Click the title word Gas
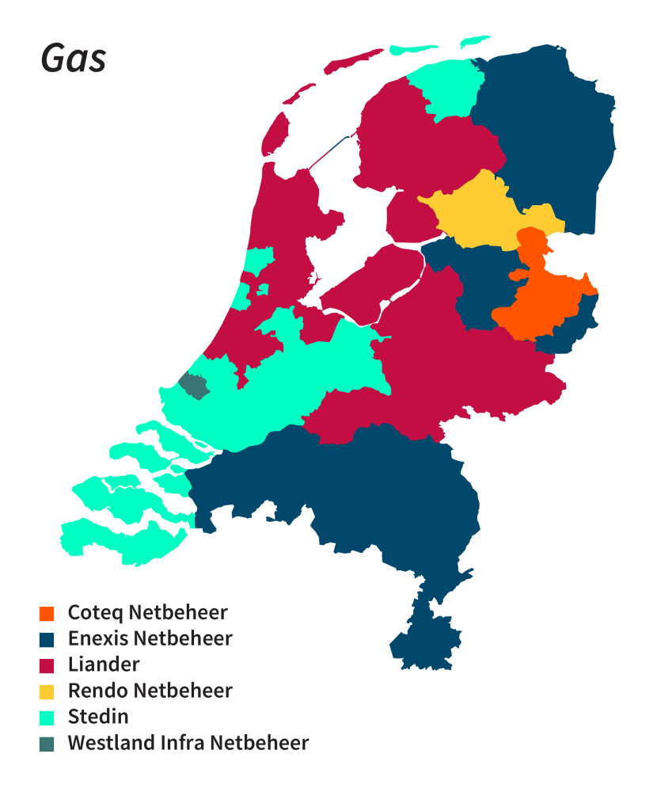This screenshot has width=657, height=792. [73, 59]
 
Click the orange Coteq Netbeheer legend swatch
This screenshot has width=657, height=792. [47, 613]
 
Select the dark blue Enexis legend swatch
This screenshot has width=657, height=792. [47, 638]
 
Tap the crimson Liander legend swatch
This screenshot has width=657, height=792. [47, 664]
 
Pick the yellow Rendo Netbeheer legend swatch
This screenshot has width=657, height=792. [47, 691]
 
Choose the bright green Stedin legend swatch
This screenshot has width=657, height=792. [47, 717]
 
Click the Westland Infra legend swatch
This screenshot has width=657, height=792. [47, 743]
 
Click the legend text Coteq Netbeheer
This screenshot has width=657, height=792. [147, 613]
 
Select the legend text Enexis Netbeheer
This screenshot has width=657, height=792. [150, 638]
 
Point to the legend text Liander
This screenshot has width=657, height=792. [104, 664]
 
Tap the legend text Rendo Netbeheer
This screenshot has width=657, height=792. [150, 691]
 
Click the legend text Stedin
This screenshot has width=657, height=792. [98, 717]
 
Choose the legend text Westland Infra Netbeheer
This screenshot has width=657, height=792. [188, 743]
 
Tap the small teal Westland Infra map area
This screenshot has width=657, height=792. [192, 386]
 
